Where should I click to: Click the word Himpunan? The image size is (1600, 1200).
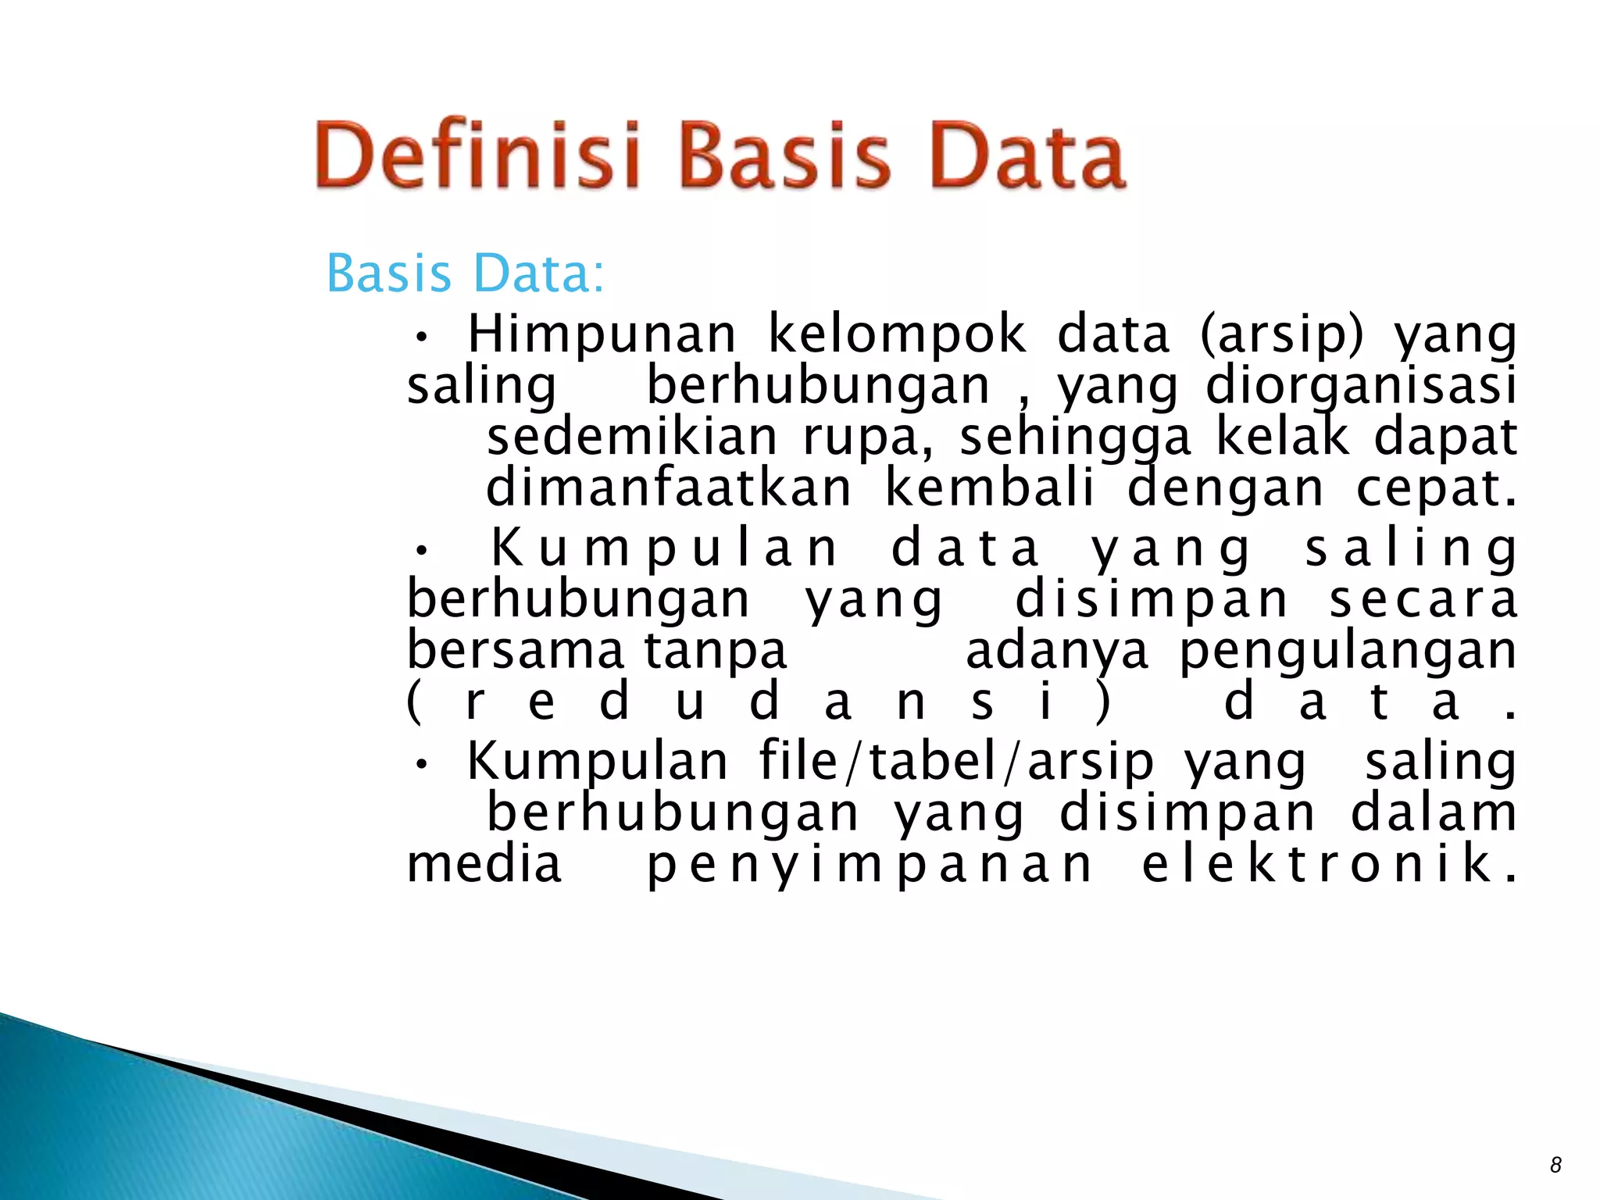click(602, 334)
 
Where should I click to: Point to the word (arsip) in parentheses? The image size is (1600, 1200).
click(1281, 334)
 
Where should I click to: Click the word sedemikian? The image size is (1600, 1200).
click(631, 437)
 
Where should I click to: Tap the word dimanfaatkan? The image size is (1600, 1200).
click(669, 488)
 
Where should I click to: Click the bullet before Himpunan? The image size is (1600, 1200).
click(422, 338)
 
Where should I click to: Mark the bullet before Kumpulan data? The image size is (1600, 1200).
click(422, 552)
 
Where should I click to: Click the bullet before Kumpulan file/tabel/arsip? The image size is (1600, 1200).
click(422, 765)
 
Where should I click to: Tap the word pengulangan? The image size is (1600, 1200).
click(1348, 653)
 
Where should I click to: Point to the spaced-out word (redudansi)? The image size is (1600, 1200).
click(758, 702)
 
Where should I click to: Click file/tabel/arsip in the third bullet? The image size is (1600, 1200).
click(956, 761)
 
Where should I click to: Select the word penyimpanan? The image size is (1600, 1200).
click(870, 865)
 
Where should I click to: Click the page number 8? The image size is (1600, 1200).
click(1555, 1165)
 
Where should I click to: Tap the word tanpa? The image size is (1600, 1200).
click(715, 652)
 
